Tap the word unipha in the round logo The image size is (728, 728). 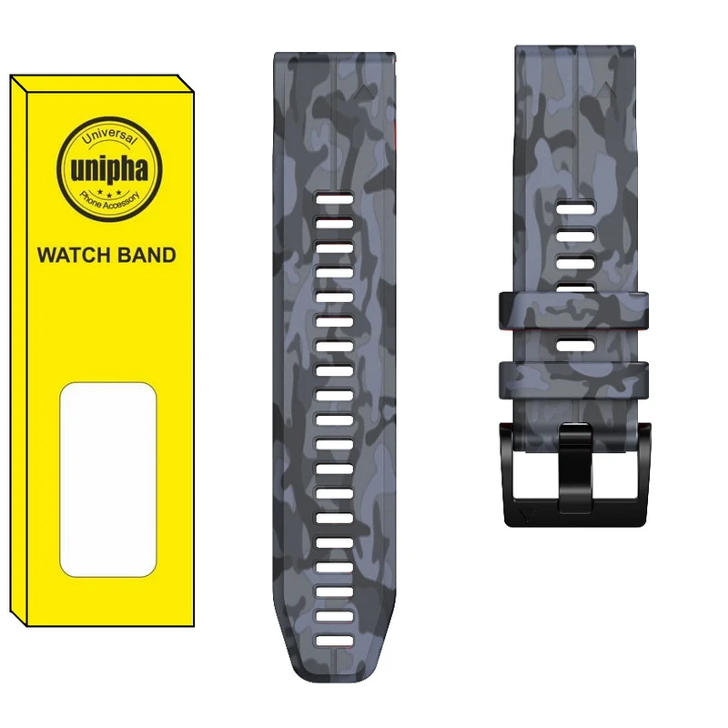[109, 170]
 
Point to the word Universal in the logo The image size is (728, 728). [109, 136]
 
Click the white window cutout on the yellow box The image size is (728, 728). [108, 480]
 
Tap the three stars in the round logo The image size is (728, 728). [109, 192]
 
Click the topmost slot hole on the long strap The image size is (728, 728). [335, 199]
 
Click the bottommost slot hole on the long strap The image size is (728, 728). [335, 642]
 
